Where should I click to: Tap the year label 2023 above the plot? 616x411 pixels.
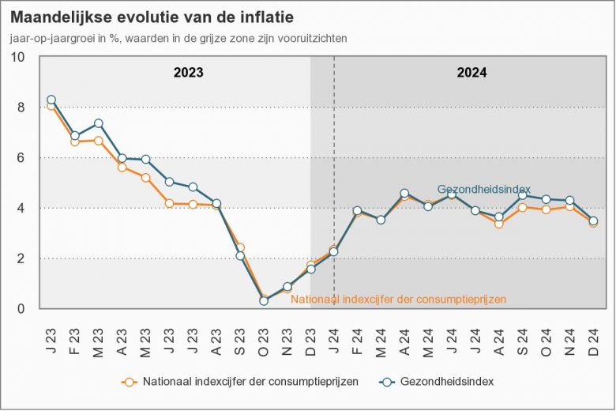[x=189, y=73]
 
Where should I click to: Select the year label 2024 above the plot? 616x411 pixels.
[x=471, y=73]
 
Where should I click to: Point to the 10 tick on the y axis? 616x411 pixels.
[x=17, y=57]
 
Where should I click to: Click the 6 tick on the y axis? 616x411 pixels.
[x=21, y=158]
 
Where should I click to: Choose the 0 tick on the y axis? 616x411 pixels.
[x=21, y=309]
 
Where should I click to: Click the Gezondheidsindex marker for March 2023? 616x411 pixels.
[x=99, y=123]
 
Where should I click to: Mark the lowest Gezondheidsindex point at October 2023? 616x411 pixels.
[x=264, y=301]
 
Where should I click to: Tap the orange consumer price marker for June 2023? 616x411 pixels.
[x=169, y=204]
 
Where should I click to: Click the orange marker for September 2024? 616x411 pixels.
[x=522, y=208]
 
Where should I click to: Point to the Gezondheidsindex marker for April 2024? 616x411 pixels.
[x=404, y=193]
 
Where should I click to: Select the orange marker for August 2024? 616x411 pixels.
[x=498, y=224]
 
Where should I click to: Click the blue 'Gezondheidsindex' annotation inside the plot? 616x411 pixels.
[x=483, y=190]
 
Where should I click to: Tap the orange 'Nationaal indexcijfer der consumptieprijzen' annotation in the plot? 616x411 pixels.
[x=398, y=300]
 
